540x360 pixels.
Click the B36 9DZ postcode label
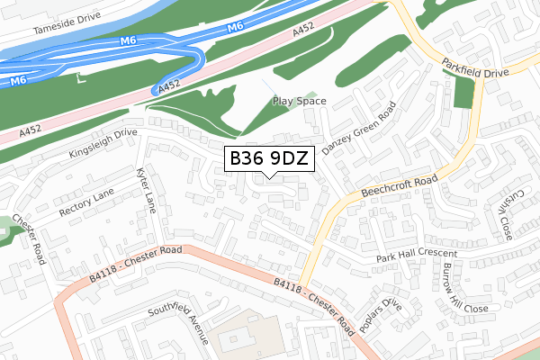click(x=269, y=159)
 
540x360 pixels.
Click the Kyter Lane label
click(x=146, y=189)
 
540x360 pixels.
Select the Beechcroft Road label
click(x=399, y=186)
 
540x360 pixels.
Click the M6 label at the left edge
click(x=17, y=82)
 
